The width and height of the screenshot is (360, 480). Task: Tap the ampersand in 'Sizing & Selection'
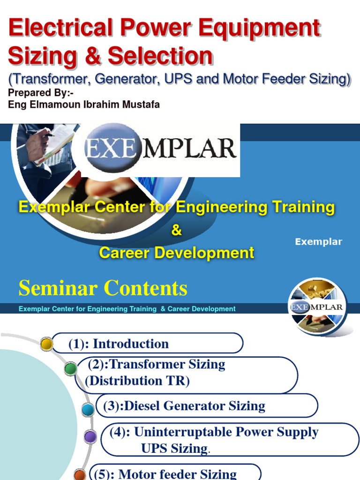pos(92,56)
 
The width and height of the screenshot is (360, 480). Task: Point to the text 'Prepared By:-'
pos(41,93)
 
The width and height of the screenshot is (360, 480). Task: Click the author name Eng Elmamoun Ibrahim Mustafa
pos(84,105)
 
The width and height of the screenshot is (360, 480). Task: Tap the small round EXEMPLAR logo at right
pos(318,307)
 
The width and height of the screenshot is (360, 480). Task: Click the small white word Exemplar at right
pos(318,242)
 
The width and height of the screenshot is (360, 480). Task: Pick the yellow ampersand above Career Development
pos(176,231)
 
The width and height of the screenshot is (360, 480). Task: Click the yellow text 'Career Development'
pos(176,253)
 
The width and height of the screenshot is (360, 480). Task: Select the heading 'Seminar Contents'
pos(103,288)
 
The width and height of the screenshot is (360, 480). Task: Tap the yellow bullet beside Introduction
pos(46,344)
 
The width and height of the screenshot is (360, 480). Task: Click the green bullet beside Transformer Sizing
pos(70,369)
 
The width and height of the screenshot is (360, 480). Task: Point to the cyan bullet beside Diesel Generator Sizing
pos(88,410)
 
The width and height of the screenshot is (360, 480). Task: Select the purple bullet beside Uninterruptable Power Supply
pos(90,437)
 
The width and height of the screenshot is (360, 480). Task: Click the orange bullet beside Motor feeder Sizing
pos(80,474)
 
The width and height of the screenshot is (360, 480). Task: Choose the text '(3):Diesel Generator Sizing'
pos(184,406)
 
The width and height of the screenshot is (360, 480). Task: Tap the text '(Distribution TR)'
pos(137,381)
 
